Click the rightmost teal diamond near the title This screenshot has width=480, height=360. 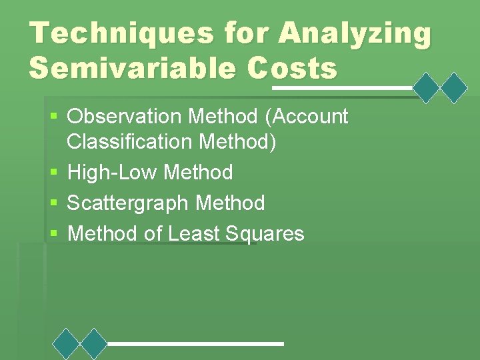(455, 88)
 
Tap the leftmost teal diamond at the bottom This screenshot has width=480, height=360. (66, 343)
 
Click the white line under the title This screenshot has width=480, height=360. (342, 88)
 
